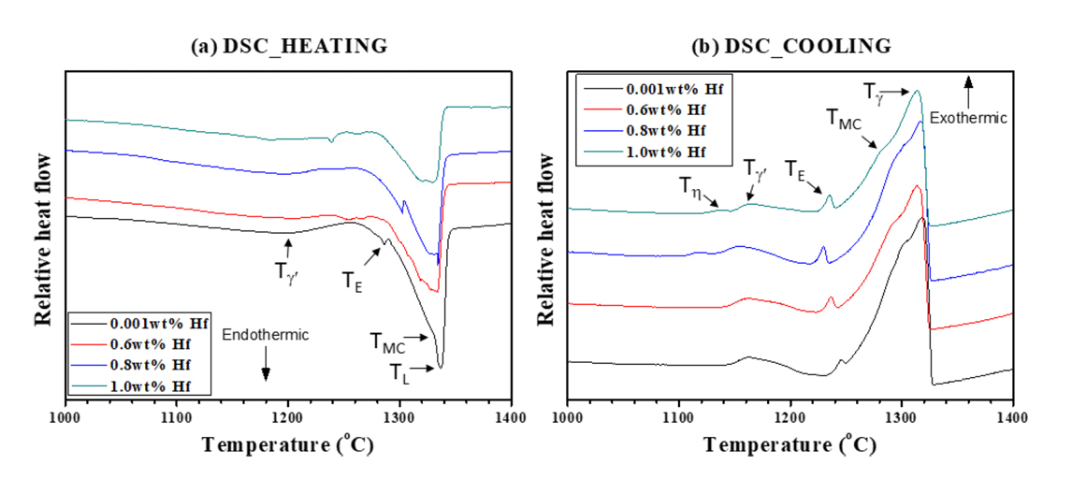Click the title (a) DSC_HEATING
(289, 46)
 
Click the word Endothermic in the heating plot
(266, 334)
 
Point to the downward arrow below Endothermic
(266, 366)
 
